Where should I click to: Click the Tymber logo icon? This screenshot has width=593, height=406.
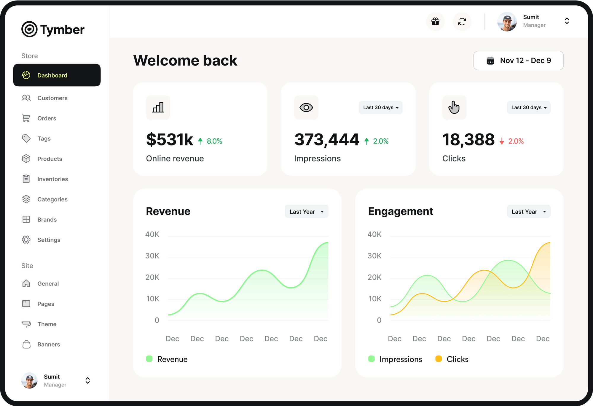(x=29, y=29)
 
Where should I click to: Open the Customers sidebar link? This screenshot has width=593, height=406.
(x=52, y=98)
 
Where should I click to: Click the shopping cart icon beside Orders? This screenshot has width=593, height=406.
(x=26, y=118)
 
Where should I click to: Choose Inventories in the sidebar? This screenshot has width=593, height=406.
(x=52, y=179)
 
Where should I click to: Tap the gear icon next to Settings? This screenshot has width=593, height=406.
(x=26, y=240)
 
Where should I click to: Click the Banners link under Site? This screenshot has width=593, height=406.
(x=49, y=344)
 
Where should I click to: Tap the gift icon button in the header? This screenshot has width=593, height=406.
(x=435, y=21)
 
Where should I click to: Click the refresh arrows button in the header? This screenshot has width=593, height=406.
(x=462, y=21)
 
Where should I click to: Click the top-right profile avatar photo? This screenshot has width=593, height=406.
(x=507, y=21)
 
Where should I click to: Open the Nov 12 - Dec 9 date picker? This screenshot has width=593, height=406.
(x=518, y=61)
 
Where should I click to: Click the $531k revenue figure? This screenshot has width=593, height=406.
(x=170, y=139)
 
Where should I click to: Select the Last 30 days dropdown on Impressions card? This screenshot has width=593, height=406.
(x=380, y=107)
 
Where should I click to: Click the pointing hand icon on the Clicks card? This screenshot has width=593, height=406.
(x=454, y=107)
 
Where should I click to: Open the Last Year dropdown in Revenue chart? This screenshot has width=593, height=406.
(x=306, y=211)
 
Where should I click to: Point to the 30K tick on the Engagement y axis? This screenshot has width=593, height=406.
(x=374, y=256)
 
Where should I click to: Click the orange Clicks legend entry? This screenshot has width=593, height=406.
(x=452, y=359)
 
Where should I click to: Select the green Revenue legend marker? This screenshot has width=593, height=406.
(x=149, y=359)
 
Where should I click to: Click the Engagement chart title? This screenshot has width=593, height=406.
(x=400, y=211)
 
